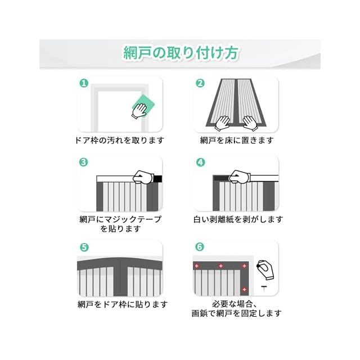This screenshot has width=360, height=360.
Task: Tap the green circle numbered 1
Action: [x=84, y=83]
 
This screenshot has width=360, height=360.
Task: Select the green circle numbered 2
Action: [x=200, y=83]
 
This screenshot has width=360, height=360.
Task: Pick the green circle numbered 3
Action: [x=84, y=163]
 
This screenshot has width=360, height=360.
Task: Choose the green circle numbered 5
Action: [x=84, y=247]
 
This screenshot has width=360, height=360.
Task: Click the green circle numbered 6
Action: [x=200, y=247]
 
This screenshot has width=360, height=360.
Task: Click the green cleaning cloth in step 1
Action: [x=144, y=105]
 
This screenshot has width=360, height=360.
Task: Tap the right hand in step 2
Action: [x=249, y=121]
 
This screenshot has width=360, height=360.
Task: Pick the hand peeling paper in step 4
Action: [x=241, y=177]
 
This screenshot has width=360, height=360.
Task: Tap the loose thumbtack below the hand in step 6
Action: [x=263, y=289]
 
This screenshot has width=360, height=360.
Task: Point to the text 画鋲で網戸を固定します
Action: [x=236, y=314]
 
